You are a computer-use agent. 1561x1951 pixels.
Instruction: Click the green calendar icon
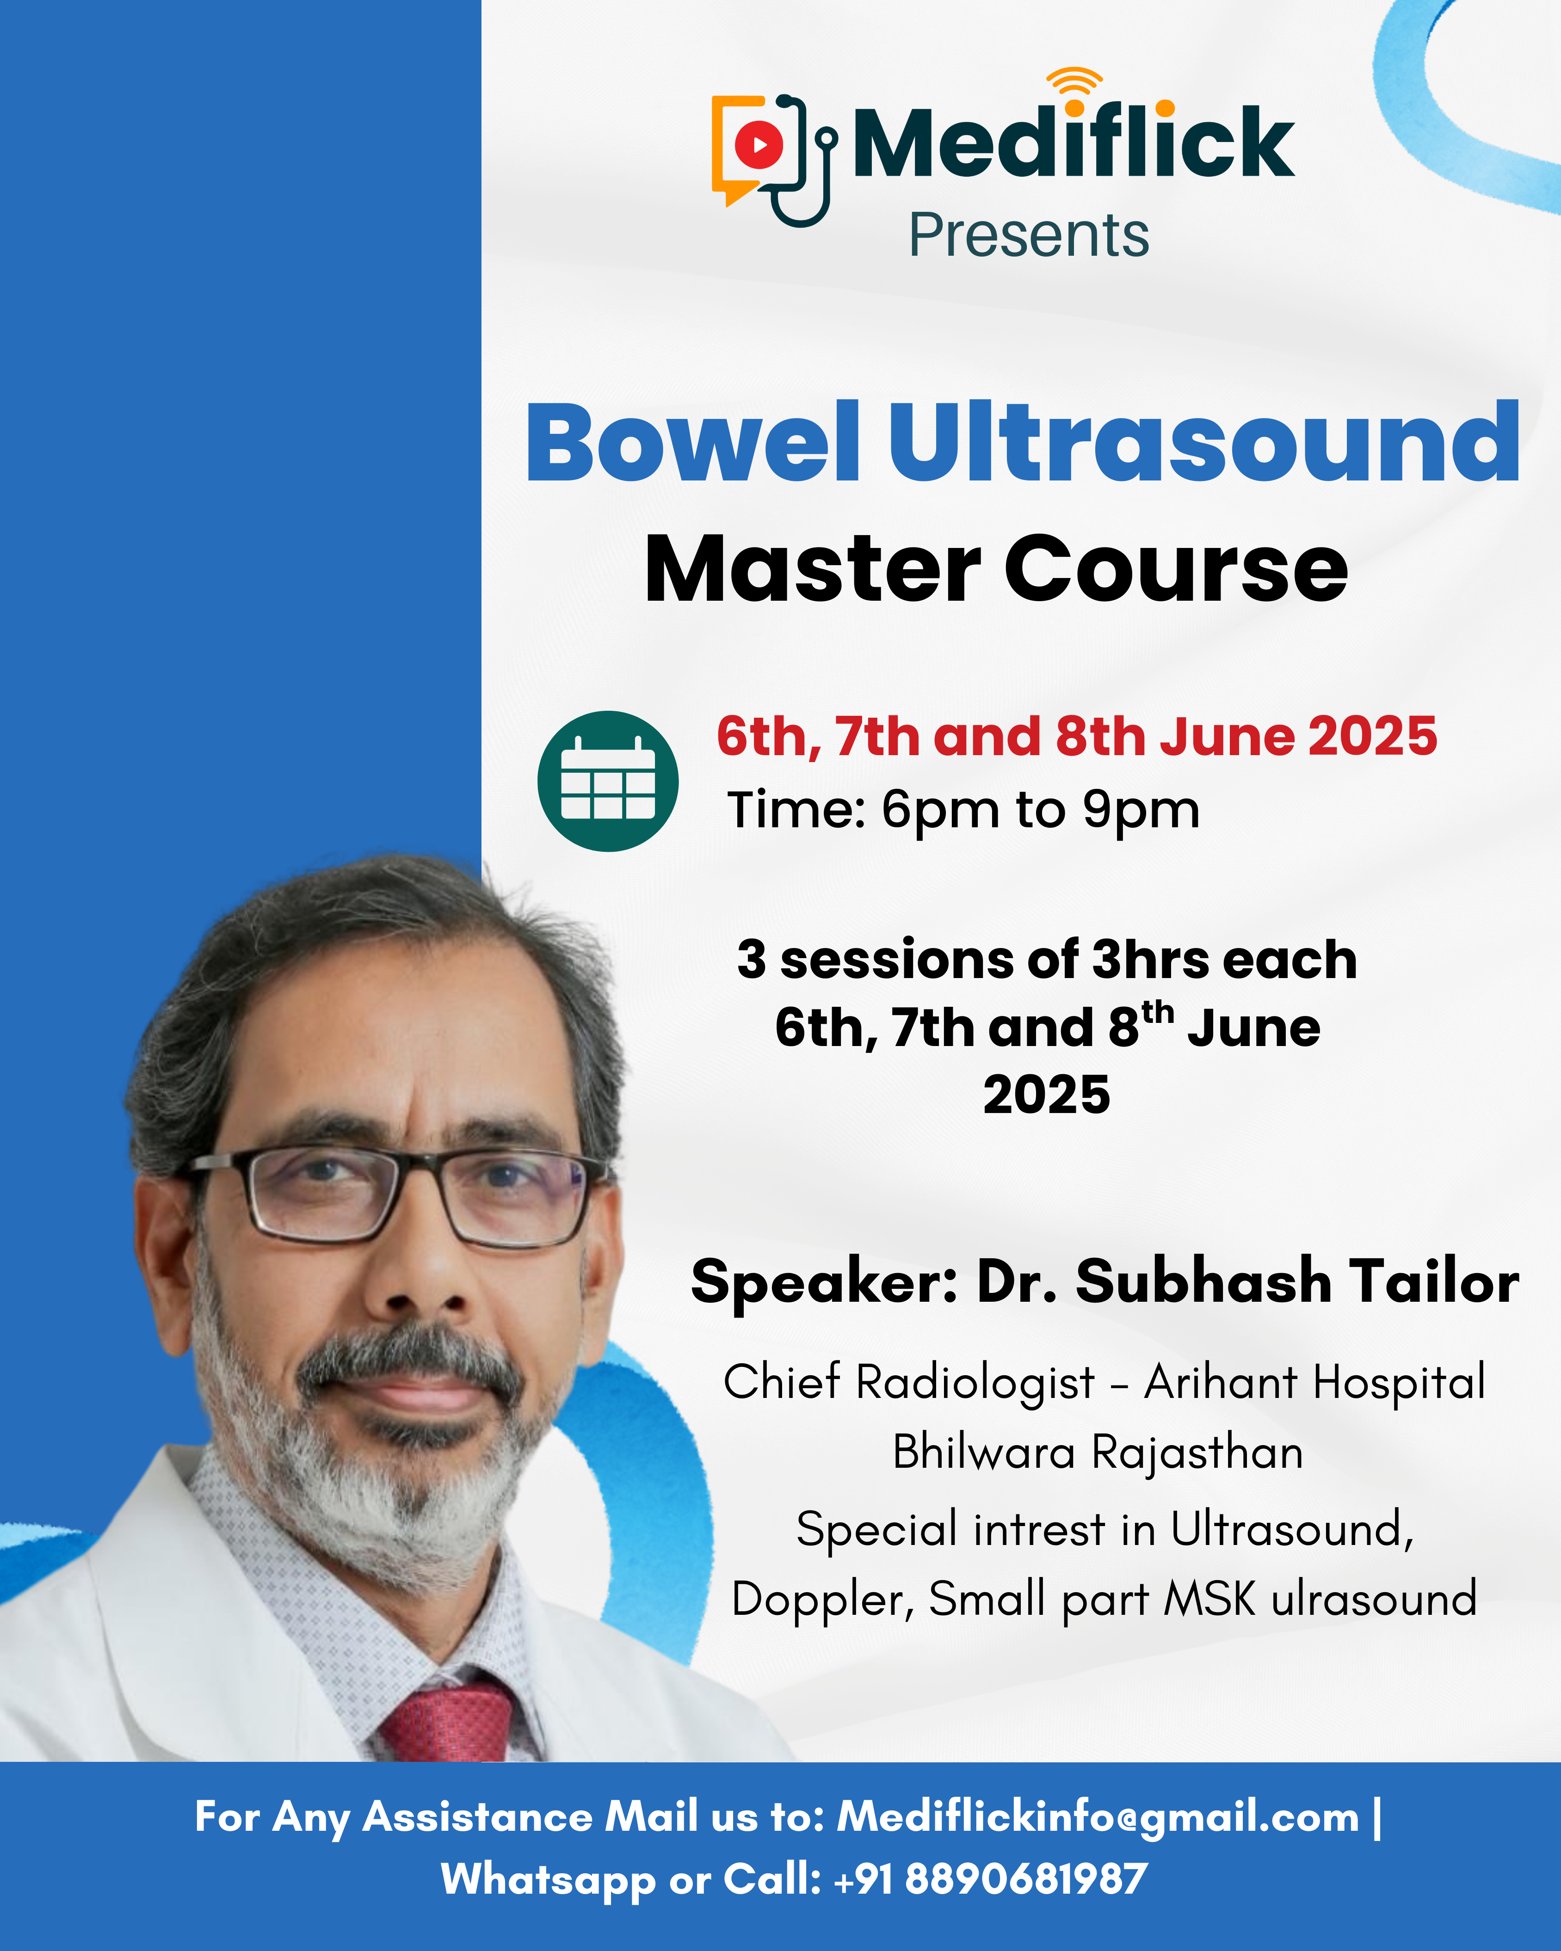click(x=608, y=781)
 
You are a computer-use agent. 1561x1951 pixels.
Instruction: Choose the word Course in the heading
click(x=1176, y=568)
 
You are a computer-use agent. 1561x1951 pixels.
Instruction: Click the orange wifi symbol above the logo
click(x=1074, y=81)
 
